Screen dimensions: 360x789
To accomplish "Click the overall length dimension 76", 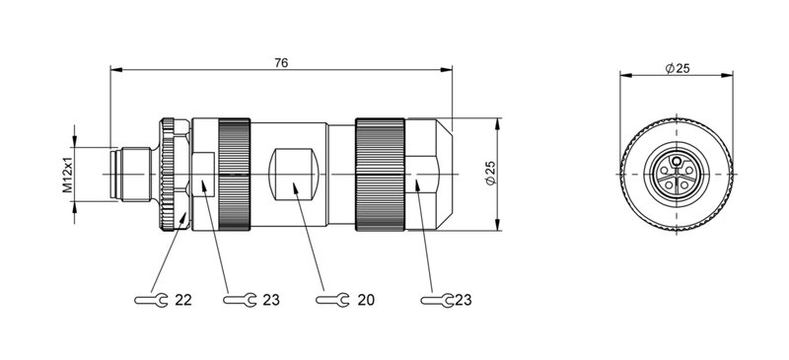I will pos(281,62).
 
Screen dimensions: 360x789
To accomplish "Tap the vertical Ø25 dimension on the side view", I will pos(490,175).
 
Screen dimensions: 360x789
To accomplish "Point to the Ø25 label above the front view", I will pos(678,67).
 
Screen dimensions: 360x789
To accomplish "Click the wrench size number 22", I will pos(182,299).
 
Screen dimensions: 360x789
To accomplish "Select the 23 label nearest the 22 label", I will pos(272,299).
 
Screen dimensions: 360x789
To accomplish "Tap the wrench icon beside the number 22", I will pos(150,299).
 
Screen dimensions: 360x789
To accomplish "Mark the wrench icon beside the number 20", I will pos(330,299).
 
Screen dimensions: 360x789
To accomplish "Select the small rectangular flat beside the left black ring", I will pos(205,174).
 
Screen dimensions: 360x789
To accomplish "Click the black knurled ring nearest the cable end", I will pos(380,176).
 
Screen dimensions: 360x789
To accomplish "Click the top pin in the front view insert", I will pos(678,160).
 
